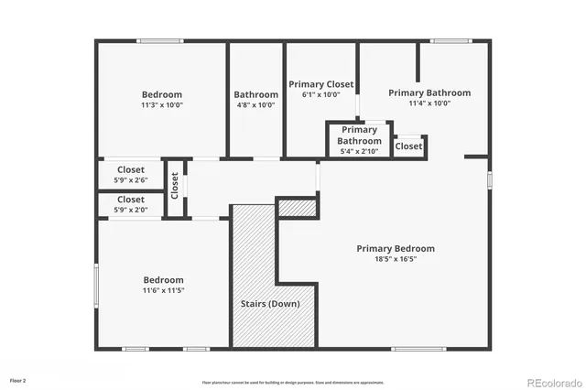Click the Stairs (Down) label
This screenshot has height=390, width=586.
[270, 303]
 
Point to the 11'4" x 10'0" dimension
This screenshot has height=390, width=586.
[429, 103]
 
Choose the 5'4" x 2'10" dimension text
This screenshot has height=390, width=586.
[359, 151]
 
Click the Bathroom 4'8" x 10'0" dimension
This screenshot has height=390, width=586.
[255, 105]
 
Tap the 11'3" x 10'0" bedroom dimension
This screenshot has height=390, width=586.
[161, 105]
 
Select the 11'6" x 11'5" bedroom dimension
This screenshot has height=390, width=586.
[163, 291]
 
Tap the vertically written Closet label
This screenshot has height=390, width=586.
[175, 185]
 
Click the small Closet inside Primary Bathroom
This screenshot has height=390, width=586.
[408, 146]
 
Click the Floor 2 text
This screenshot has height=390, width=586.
[18, 380]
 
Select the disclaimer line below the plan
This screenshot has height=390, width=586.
[292, 382]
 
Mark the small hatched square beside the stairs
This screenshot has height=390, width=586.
[297, 208]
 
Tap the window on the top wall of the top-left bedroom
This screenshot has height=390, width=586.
[160, 40]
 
